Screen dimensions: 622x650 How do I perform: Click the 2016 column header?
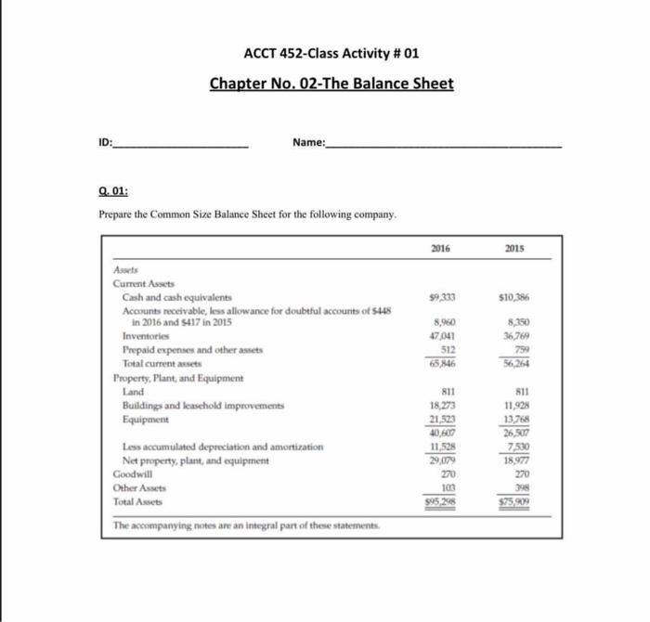[x=441, y=249]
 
